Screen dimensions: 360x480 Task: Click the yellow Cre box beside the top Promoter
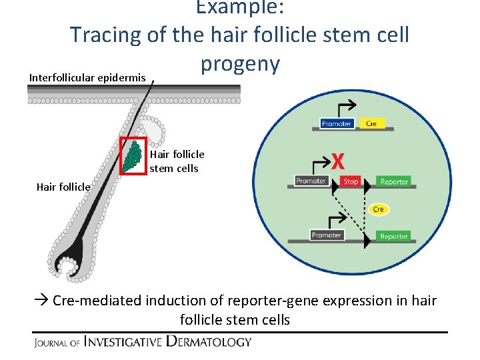click(371, 123)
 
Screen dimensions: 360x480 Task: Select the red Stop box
click(351, 181)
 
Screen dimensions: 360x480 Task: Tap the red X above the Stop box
click(338, 161)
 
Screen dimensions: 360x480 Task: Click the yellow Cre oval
click(379, 209)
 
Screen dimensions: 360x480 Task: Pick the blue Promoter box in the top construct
click(337, 123)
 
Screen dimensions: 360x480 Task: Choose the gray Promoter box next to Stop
click(311, 181)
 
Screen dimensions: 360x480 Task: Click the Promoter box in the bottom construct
click(327, 235)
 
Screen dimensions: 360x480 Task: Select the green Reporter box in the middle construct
click(394, 181)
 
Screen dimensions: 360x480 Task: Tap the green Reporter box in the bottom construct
click(394, 236)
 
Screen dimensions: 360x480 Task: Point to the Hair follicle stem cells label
click(176, 161)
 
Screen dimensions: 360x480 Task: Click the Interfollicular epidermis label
click(87, 78)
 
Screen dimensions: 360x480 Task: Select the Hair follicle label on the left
click(63, 187)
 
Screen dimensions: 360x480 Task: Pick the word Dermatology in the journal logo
click(209, 342)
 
